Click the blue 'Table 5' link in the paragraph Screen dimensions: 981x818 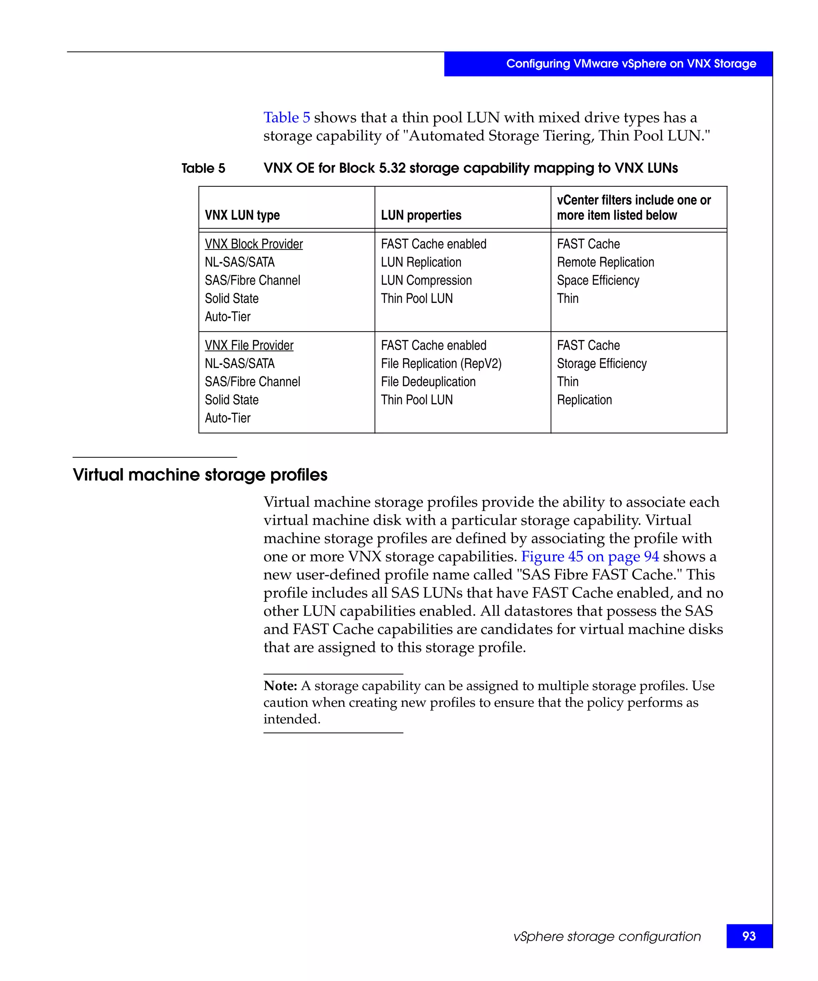click(286, 117)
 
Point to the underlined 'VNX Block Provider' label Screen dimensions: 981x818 click(254, 244)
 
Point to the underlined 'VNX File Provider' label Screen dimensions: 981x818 click(249, 345)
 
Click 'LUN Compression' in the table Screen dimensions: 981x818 click(426, 280)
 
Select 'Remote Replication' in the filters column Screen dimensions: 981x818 click(606, 262)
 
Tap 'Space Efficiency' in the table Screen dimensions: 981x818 click(598, 280)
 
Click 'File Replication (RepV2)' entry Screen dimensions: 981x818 click(441, 364)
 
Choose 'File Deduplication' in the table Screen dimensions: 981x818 click(428, 382)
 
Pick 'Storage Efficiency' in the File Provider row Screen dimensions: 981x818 click(602, 364)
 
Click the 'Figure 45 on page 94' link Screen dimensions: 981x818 click(590, 556)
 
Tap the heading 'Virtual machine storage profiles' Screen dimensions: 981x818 click(200, 475)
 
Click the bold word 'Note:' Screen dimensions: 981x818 click(280, 685)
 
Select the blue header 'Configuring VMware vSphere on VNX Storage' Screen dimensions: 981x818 click(631, 63)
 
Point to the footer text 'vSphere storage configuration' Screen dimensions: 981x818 click(607, 936)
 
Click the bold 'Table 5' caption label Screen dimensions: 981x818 click(203, 168)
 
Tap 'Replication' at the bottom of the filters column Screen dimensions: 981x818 click(584, 400)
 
